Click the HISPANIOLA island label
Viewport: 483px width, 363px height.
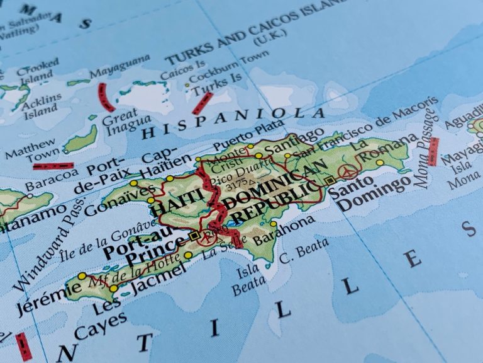[233, 124]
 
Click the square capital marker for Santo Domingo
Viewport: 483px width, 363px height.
[330, 180]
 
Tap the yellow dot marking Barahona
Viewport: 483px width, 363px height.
[273, 224]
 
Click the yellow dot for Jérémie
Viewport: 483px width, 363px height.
[82, 276]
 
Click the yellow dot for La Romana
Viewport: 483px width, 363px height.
[380, 163]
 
